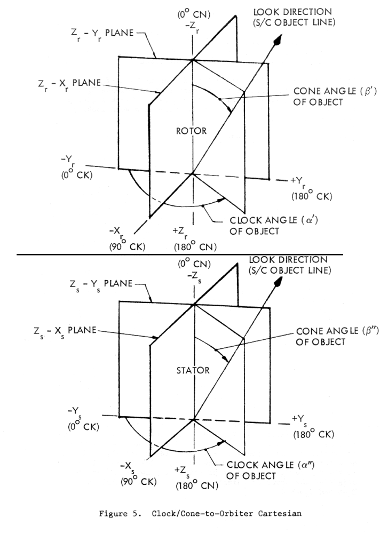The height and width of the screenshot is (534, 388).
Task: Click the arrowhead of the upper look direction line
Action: pyautogui.click(x=278, y=40)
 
